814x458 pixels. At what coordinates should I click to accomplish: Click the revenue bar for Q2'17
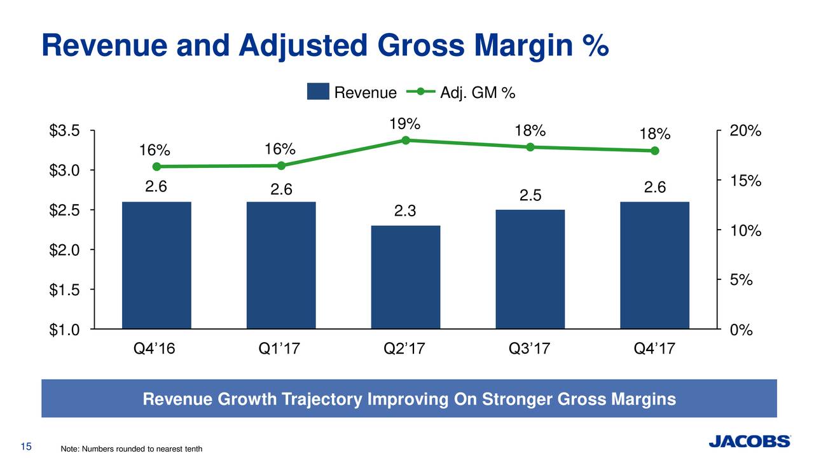coord(406,277)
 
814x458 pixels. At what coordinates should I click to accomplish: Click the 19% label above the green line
coord(405,123)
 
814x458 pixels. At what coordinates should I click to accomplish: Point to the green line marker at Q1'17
coord(281,165)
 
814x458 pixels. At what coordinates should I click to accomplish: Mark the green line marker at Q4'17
coord(655,151)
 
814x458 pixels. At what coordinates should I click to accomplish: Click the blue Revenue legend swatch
coord(318,92)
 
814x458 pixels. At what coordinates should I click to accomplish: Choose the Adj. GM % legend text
coord(477,93)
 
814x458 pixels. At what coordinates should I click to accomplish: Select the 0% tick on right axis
coord(742,330)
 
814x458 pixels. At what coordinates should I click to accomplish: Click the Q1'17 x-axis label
coord(280,349)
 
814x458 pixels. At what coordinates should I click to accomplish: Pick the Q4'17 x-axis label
coord(654,349)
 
